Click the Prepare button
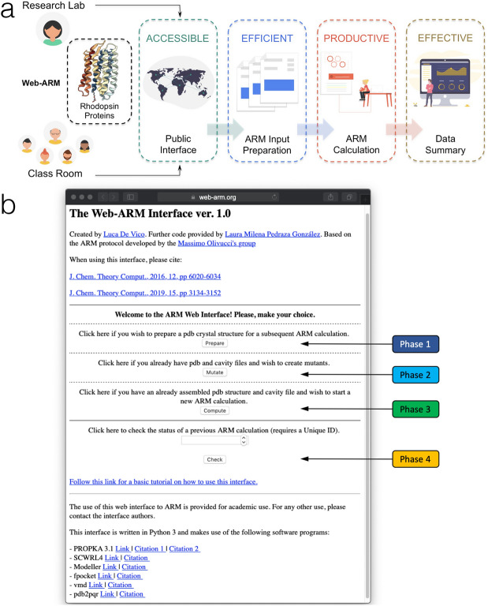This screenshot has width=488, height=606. pyautogui.click(x=214, y=343)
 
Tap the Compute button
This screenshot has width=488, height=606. pyautogui.click(x=214, y=410)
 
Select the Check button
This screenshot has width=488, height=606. pyautogui.click(x=214, y=459)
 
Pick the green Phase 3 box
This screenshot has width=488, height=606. pyautogui.click(x=416, y=409)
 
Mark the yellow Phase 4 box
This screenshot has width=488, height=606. pyautogui.click(x=416, y=457)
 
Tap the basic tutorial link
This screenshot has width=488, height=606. pyautogui.click(x=163, y=481)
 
